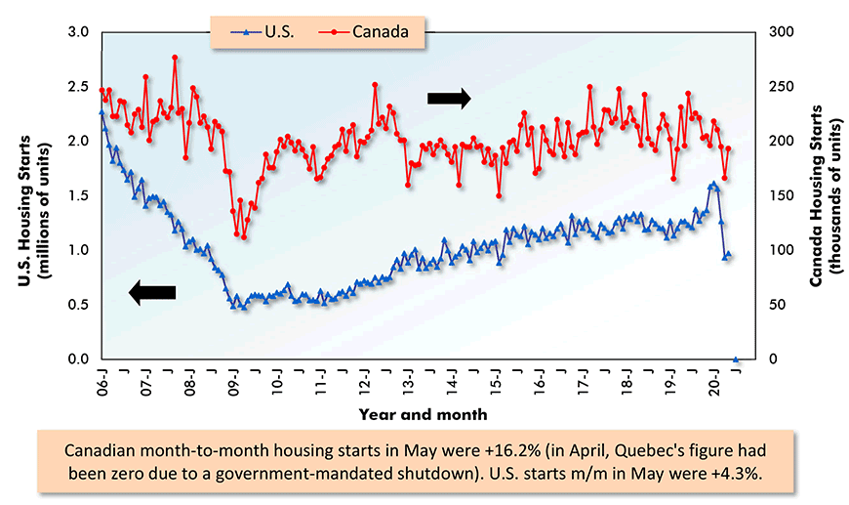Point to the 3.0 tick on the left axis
(79, 32)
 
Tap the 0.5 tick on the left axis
(79, 305)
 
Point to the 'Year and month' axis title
(422, 414)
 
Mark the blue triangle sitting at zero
(736, 359)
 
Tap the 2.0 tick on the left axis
(79, 141)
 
